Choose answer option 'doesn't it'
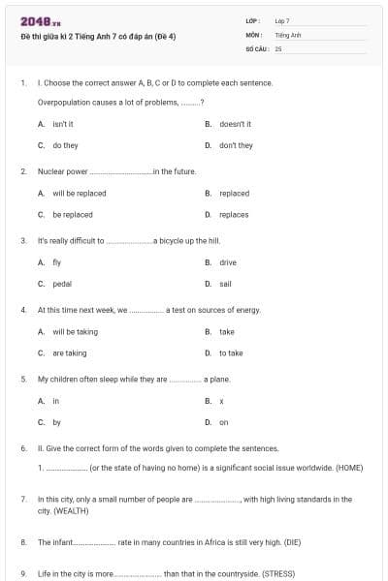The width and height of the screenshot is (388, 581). pos(235,124)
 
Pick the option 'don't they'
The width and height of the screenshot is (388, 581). pos(236,145)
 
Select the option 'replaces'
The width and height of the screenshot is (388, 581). pos(234,214)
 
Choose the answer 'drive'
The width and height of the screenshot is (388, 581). pos(228,262)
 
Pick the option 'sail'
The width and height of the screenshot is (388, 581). pos(226,284)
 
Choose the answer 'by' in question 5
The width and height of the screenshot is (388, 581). pos(57,422)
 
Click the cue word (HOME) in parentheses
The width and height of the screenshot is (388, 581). pos(348,468)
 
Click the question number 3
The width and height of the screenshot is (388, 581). pos(22,240)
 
